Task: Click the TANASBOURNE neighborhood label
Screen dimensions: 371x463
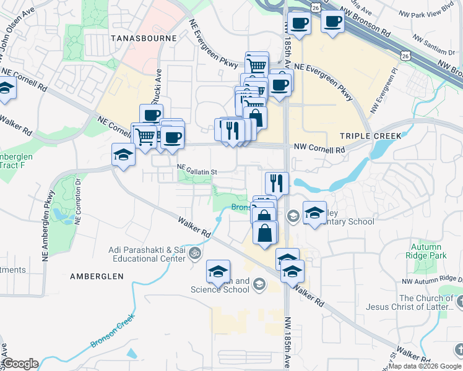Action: coord(144,38)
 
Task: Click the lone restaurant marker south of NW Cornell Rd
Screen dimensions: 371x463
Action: coord(277,182)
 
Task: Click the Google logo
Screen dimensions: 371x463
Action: coord(20,364)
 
